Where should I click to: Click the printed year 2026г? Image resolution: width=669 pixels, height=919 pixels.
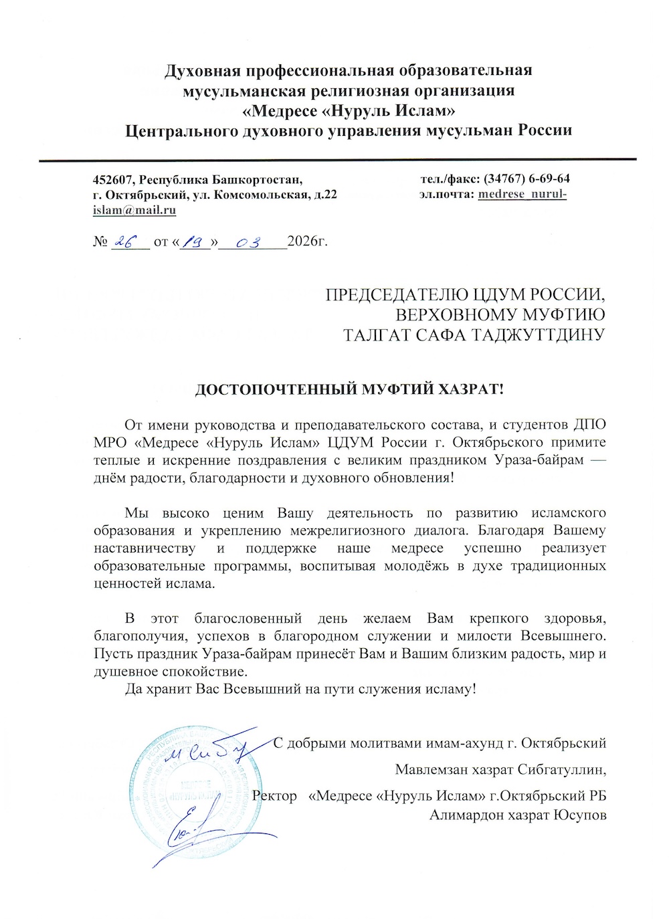307,241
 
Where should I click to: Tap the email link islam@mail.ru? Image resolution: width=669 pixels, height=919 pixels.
134,210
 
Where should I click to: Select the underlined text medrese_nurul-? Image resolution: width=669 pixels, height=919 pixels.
522,195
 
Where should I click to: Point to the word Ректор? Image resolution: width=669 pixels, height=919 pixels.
275,796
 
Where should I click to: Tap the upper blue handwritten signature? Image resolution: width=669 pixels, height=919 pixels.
207,752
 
